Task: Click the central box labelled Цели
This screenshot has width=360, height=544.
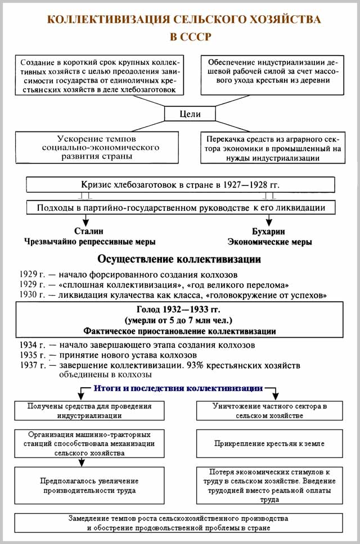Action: click(x=190, y=114)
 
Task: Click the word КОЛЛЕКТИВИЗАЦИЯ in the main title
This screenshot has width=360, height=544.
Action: click(x=107, y=20)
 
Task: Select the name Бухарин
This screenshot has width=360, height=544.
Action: click(x=269, y=231)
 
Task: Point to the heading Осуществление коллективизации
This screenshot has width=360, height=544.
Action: click(x=179, y=260)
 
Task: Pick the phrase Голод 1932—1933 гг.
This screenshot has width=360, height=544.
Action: click(x=179, y=310)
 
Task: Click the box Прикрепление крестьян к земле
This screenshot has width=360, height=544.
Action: click(x=269, y=443)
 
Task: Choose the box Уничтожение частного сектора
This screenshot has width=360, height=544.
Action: click(x=269, y=411)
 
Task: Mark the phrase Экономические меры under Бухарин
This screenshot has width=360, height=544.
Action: click(x=269, y=242)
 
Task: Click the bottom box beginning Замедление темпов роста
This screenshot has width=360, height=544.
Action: click(x=179, y=523)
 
